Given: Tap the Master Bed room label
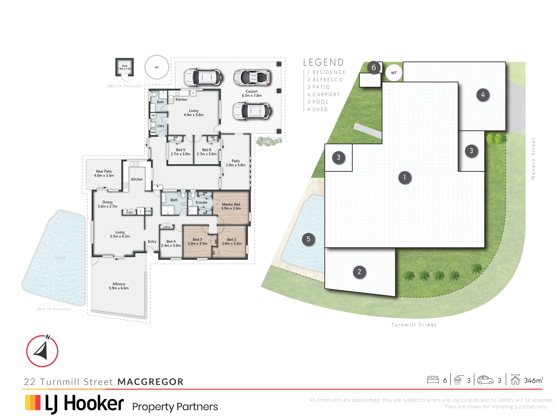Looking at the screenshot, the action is (x=231, y=204).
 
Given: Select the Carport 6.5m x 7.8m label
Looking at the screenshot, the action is (x=252, y=93).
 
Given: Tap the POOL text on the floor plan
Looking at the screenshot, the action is (x=60, y=258).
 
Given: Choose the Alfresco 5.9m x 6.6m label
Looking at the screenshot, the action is (x=119, y=286).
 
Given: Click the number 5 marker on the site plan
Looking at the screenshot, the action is (x=308, y=239).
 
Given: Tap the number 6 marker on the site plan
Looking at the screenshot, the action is (x=374, y=67).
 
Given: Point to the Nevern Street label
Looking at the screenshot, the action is (x=533, y=159).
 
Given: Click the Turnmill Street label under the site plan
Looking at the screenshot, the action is (x=414, y=325).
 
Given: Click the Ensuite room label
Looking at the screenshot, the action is (x=202, y=202).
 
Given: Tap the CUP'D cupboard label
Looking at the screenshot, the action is (x=167, y=227).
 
